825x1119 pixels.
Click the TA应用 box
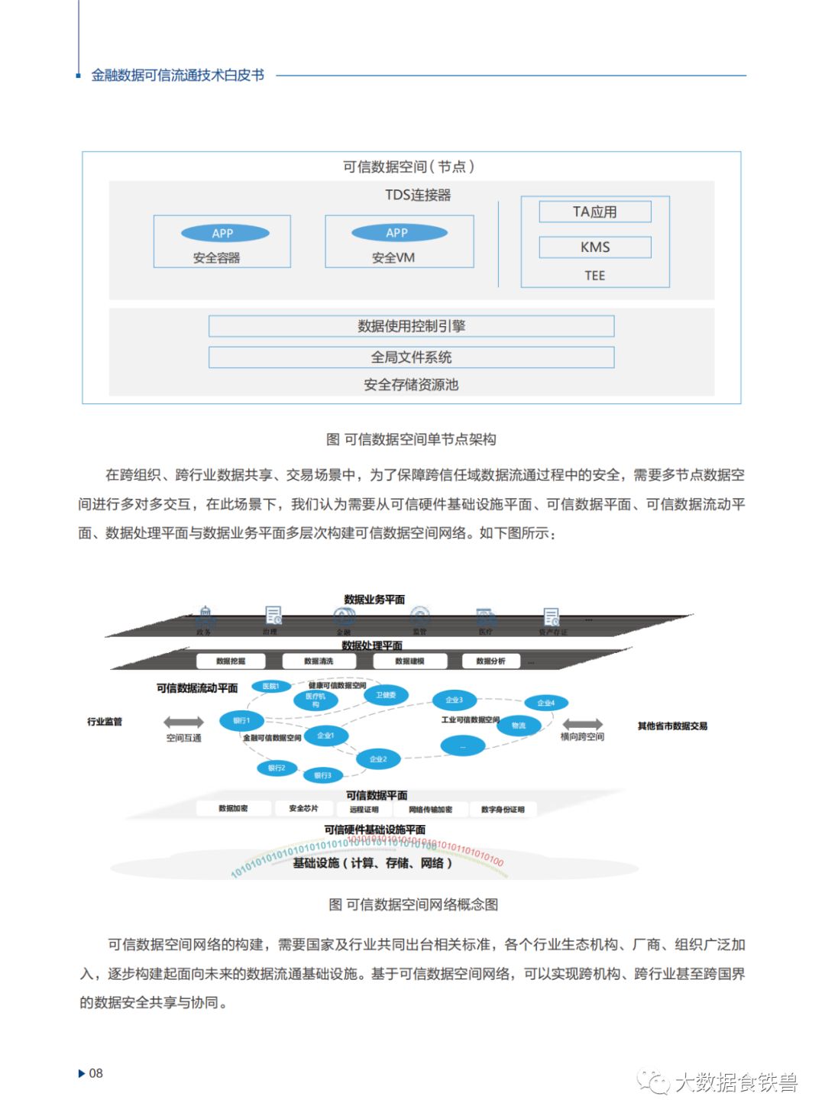tap(595, 212)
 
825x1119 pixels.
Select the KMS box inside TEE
tap(595, 247)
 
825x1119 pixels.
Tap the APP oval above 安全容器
tap(225, 233)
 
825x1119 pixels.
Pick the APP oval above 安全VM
tap(399, 232)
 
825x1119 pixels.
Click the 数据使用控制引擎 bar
tap(411, 326)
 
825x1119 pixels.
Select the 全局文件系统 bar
tap(411, 357)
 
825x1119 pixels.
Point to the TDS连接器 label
tap(417, 195)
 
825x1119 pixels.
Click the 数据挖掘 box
tap(231, 661)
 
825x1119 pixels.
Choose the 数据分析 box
tap(490, 661)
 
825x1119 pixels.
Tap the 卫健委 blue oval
tap(386, 695)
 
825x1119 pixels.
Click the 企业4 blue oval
tap(545, 703)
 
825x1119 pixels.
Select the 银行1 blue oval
tap(241, 720)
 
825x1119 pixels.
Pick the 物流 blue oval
tap(519, 725)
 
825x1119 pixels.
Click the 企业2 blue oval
tap(378, 758)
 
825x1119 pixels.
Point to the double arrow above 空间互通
tap(184, 722)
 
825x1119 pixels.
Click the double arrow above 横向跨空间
tap(582, 724)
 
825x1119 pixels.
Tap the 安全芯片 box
tap(303, 808)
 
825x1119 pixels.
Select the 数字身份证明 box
tap(502, 809)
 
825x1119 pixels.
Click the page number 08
tap(95, 1073)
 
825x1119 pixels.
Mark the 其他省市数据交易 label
tap(672, 726)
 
